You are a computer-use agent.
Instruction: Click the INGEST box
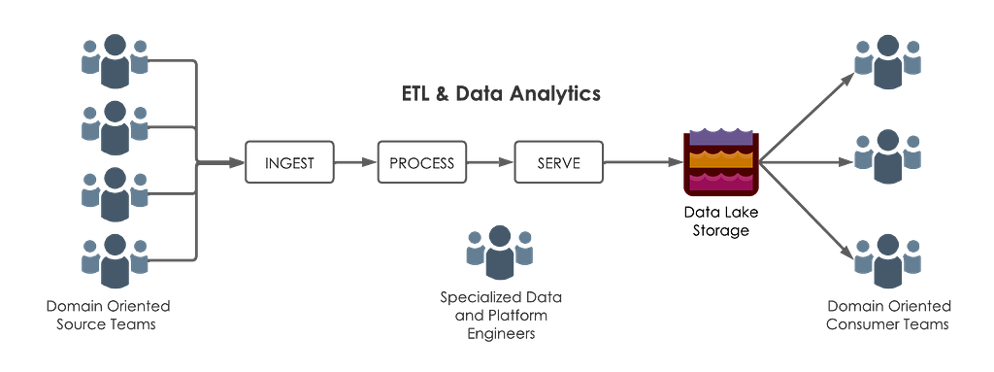click(x=289, y=162)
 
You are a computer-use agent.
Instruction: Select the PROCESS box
click(x=421, y=162)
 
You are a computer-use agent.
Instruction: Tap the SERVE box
click(x=558, y=162)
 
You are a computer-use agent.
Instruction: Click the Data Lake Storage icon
click(x=721, y=162)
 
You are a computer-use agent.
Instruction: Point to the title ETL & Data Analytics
click(x=501, y=94)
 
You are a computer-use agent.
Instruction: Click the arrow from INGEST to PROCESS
click(x=355, y=162)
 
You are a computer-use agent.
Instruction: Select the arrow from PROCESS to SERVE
click(x=490, y=162)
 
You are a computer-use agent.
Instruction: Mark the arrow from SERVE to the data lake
click(x=643, y=162)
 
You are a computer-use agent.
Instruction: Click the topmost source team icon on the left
click(x=115, y=61)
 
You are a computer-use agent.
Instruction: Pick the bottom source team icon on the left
click(x=115, y=261)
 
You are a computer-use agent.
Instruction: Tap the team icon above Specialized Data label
click(x=500, y=252)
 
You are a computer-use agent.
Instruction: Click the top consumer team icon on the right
click(x=887, y=61)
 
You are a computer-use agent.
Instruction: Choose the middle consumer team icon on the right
click(x=887, y=156)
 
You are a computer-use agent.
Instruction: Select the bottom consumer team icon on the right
click(x=887, y=261)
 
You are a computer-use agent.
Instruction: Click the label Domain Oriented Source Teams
click(x=109, y=315)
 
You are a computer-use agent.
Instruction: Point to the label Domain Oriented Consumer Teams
click(x=889, y=315)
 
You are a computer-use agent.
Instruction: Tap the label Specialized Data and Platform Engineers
click(x=501, y=315)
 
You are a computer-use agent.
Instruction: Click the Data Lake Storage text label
click(x=721, y=220)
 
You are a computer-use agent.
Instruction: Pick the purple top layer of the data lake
click(x=721, y=137)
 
